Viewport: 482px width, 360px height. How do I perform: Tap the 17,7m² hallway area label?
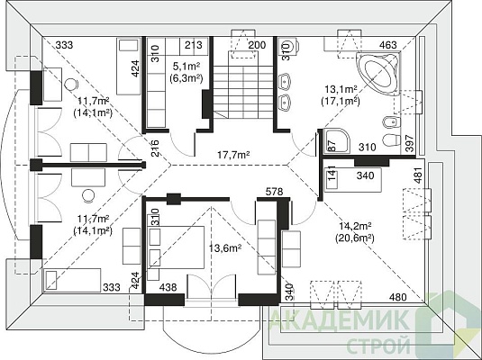(233, 155)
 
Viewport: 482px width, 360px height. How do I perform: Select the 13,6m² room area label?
(224, 247)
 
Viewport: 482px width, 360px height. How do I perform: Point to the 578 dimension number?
(274, 192)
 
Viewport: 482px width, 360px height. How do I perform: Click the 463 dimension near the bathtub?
(388, 45)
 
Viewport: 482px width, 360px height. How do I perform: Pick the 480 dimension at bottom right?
(398, 297)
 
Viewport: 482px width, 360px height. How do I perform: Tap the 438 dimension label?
(168, 287)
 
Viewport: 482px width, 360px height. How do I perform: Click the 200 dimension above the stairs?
(257, 45)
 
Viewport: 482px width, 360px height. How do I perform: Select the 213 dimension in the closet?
(194, 45)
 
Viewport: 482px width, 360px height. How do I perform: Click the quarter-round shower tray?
(337, 139)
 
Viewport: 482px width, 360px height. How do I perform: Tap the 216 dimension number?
(156, 148)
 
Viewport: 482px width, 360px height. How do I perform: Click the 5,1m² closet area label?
(186, 66)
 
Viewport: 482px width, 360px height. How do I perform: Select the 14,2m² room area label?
(356, 227)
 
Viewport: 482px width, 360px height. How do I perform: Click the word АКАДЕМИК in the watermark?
(340, 320)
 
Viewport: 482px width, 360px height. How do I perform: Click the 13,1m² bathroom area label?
(341, 89)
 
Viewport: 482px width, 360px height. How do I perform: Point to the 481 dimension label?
(418, 175)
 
